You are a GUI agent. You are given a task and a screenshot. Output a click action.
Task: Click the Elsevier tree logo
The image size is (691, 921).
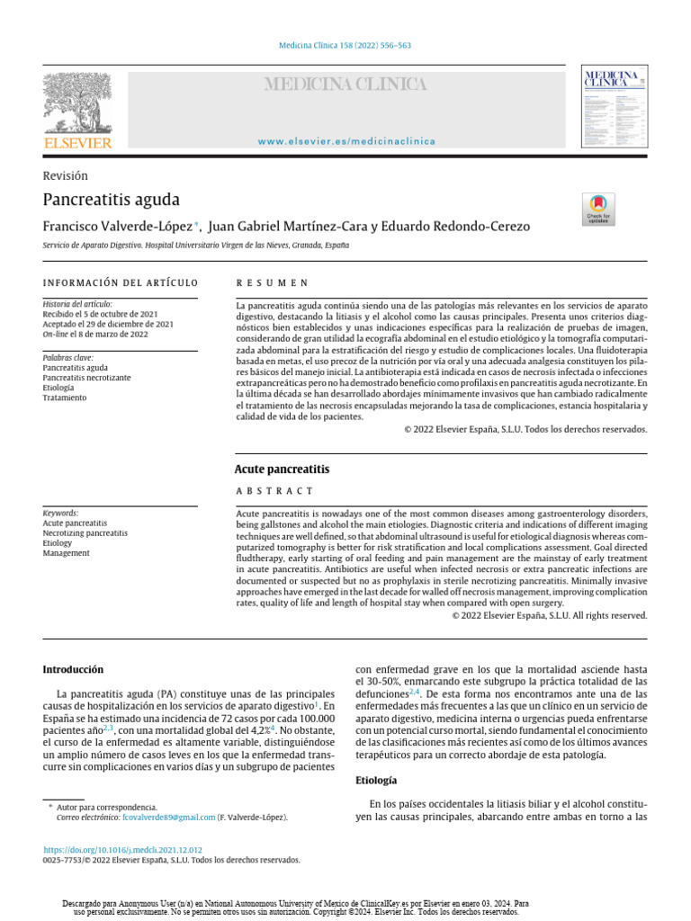77,103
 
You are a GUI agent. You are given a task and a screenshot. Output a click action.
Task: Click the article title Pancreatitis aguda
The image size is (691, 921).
112,199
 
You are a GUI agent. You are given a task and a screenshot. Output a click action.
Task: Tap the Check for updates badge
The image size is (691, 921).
599,209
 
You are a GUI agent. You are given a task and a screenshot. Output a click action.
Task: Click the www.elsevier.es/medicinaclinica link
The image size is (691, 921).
346,141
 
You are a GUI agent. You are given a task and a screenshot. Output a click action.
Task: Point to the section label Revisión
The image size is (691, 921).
66,176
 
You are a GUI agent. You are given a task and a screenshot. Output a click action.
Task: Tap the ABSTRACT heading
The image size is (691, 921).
274,491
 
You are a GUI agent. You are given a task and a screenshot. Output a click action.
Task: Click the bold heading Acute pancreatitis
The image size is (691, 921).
282,469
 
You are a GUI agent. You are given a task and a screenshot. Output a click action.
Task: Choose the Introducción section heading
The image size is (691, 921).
74,669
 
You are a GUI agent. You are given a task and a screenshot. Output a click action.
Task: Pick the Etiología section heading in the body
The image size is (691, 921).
377,780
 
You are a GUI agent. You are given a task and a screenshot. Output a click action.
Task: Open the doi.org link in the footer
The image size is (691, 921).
122,849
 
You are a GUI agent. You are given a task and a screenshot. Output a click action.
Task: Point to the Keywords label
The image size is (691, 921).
61,513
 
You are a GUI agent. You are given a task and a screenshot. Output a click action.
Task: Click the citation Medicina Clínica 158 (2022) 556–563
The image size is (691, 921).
346,46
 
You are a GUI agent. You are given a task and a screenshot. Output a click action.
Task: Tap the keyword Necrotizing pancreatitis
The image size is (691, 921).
85,533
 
